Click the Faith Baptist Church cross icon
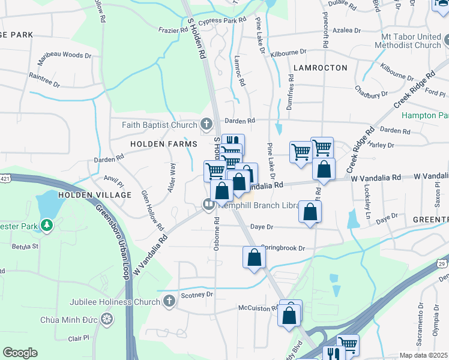(x=206, y=125)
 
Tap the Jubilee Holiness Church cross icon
(x=170, y=301)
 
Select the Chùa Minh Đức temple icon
(x=107, y=317)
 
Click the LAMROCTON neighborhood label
(x=320, y=68)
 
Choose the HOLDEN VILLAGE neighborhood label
(x=94, y=196)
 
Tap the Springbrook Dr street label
(x=281, y=248)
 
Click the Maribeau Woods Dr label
(x=64, y=56)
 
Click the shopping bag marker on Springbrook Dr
(x=254, y=257)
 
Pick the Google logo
(x=20, y=353)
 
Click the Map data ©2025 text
(x=423, y=355)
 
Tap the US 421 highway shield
(x=5, y=178)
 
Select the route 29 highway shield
(x=442, y=263)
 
